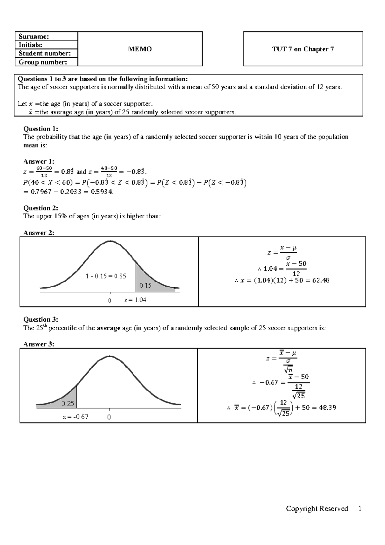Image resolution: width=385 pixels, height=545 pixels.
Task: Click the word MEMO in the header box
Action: [140, 49]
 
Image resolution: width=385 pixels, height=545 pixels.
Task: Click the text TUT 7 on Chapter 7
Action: [303, 49]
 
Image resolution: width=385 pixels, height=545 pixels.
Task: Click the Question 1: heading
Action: [41, 129]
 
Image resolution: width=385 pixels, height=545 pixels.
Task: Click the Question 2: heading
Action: [41, 208]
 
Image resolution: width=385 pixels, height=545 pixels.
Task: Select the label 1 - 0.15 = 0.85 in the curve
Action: [106, 276]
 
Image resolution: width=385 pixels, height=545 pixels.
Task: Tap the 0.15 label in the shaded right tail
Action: [145, 285]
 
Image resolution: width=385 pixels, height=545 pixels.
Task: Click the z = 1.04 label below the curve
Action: [135, 300]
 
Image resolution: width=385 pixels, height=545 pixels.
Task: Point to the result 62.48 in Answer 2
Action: [321, 280]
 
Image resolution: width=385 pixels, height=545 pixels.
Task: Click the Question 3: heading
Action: [41, 319]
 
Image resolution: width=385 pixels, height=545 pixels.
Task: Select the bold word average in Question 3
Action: [108, 328]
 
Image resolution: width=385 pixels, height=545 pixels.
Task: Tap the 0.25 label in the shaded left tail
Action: [68, 403]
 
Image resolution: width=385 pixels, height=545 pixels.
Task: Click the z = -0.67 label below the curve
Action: [75, 417]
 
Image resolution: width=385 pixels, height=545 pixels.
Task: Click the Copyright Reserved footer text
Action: [317, 517]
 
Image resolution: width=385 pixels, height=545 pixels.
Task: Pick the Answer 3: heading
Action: [39, 344]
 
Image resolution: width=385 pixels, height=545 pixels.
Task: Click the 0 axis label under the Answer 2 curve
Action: [110, 300]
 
